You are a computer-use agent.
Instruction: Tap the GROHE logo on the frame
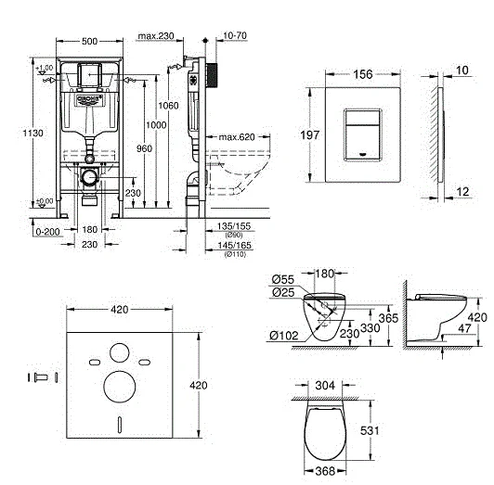tap(88, 96)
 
